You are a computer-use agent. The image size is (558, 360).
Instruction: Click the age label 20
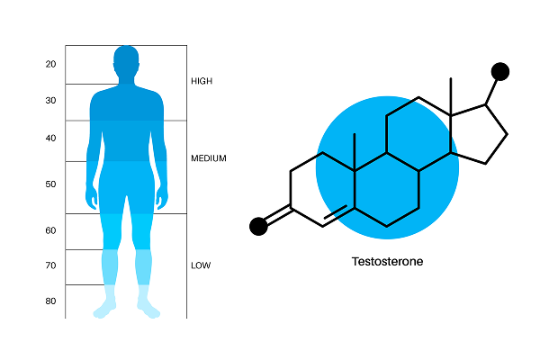click(50, 64)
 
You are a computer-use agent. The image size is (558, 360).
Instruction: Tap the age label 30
click(50, 101)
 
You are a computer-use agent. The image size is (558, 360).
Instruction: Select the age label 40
click(50, 138)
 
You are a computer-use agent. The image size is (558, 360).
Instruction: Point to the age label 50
click(50, 184)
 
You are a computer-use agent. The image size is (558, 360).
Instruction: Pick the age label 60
click(50, 230)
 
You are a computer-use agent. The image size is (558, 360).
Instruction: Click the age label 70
click(50, 265)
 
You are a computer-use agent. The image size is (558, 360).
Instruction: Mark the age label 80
click(50, 301)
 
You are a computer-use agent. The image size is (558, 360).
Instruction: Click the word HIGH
click(202, 81)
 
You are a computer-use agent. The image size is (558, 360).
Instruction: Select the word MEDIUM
click(209, 158)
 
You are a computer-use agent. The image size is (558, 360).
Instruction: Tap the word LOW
click(201, 265)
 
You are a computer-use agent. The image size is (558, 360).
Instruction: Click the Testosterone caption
click(387, 263)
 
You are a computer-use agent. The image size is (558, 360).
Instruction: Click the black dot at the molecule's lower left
click(258, 226)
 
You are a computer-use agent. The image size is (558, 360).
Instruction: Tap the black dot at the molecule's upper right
click(500, 72)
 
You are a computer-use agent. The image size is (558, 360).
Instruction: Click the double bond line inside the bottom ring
click(334, 213)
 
